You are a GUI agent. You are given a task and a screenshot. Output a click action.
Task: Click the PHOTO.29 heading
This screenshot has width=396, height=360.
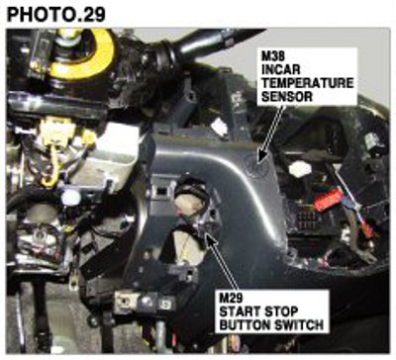[x=56, y=15]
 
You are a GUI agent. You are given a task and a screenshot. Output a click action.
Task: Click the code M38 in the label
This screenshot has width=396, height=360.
[x=272, y=55]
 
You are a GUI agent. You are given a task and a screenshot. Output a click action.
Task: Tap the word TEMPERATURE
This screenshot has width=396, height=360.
[x=307, y=83]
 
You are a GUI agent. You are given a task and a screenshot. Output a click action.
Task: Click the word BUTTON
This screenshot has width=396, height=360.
[x=245, y=325]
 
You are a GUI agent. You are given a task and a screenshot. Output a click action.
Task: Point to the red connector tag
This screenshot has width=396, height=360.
[x=328, y=200]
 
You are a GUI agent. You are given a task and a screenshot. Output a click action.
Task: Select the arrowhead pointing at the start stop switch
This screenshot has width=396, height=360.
[x=211, y=239]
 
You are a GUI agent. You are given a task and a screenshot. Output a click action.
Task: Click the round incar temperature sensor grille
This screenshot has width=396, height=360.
[x=253, y=165]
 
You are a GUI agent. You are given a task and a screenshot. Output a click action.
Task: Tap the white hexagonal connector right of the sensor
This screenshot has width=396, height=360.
[x=300, y=169]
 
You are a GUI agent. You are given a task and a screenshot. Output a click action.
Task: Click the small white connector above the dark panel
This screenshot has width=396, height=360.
[x=220, y=128]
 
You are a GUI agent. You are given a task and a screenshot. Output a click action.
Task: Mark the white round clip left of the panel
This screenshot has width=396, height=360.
[x=71, y=197]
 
